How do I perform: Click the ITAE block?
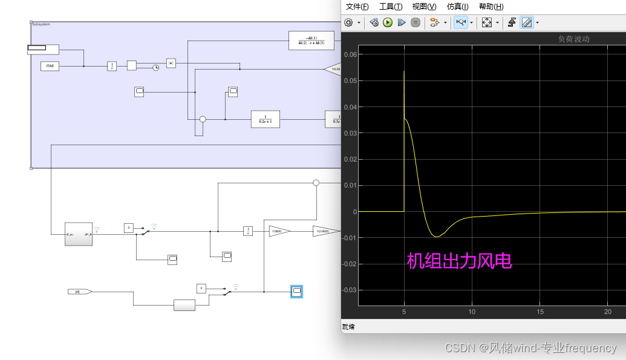point(51,66)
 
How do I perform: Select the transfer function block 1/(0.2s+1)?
point(266,119)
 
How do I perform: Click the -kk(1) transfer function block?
point(311,40)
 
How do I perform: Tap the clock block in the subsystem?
point(155,67)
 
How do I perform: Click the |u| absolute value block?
point(171,63)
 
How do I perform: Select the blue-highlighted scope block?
point(296,292)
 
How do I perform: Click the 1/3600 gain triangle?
point(279,231)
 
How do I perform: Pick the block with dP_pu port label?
point(79,233)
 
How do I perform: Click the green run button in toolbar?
point(388,22)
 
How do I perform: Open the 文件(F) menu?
point(357,7)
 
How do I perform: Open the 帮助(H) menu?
point(491,7)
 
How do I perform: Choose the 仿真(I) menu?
point(457,7)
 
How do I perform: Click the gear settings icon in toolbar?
point(348,22)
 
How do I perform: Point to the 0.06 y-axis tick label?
point(349,54)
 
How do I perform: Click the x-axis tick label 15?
point(540,312)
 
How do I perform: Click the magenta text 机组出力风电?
point(459,261)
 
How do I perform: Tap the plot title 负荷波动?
point(573,39)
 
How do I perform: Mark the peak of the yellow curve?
point(404,71)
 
